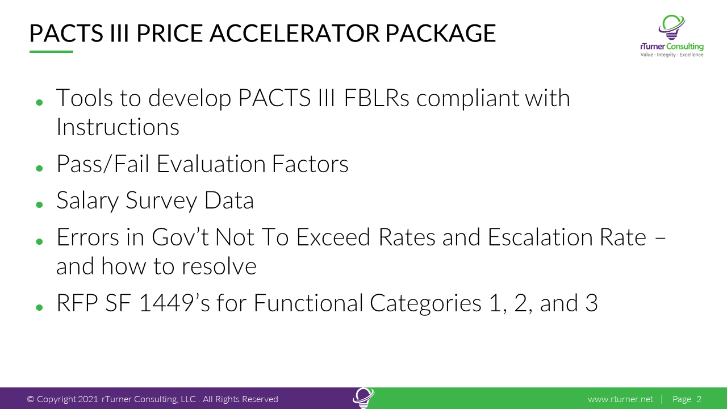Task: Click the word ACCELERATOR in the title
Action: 294,33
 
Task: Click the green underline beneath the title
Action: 51,51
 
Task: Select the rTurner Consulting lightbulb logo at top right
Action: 672,28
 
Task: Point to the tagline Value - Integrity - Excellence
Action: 672,55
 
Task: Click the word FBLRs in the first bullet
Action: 377,98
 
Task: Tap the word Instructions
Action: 118,127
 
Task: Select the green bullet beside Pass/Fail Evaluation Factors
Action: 40,168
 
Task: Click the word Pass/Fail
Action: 103,164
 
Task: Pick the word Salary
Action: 87,201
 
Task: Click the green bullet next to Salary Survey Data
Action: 40,205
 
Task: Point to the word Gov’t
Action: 180,237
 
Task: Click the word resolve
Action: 219,266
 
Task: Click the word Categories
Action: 425,303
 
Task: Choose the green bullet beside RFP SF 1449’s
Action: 40,307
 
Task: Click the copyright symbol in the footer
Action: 31,399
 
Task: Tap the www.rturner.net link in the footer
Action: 621,399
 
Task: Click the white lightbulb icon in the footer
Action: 363,398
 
